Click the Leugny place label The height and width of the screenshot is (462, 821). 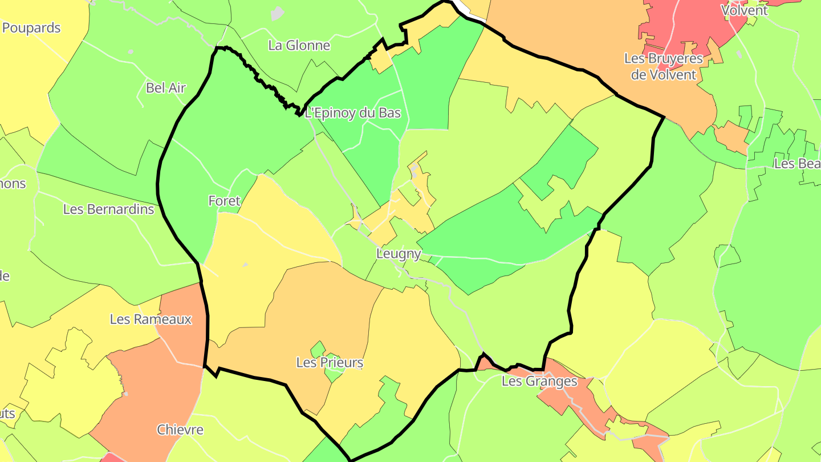399,254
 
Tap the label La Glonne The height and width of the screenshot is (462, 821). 299,45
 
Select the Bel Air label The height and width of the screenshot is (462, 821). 166,87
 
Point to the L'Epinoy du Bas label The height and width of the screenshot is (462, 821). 353,113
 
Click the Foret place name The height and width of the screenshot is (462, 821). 224,201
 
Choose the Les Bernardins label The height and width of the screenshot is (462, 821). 108,209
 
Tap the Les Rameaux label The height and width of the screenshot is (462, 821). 151,319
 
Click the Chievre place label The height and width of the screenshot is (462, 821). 180,429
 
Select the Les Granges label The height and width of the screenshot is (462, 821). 539,381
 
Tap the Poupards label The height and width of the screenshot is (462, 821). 31,27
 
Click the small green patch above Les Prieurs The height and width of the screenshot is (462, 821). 318,347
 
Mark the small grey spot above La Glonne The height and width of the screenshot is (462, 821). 277,13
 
